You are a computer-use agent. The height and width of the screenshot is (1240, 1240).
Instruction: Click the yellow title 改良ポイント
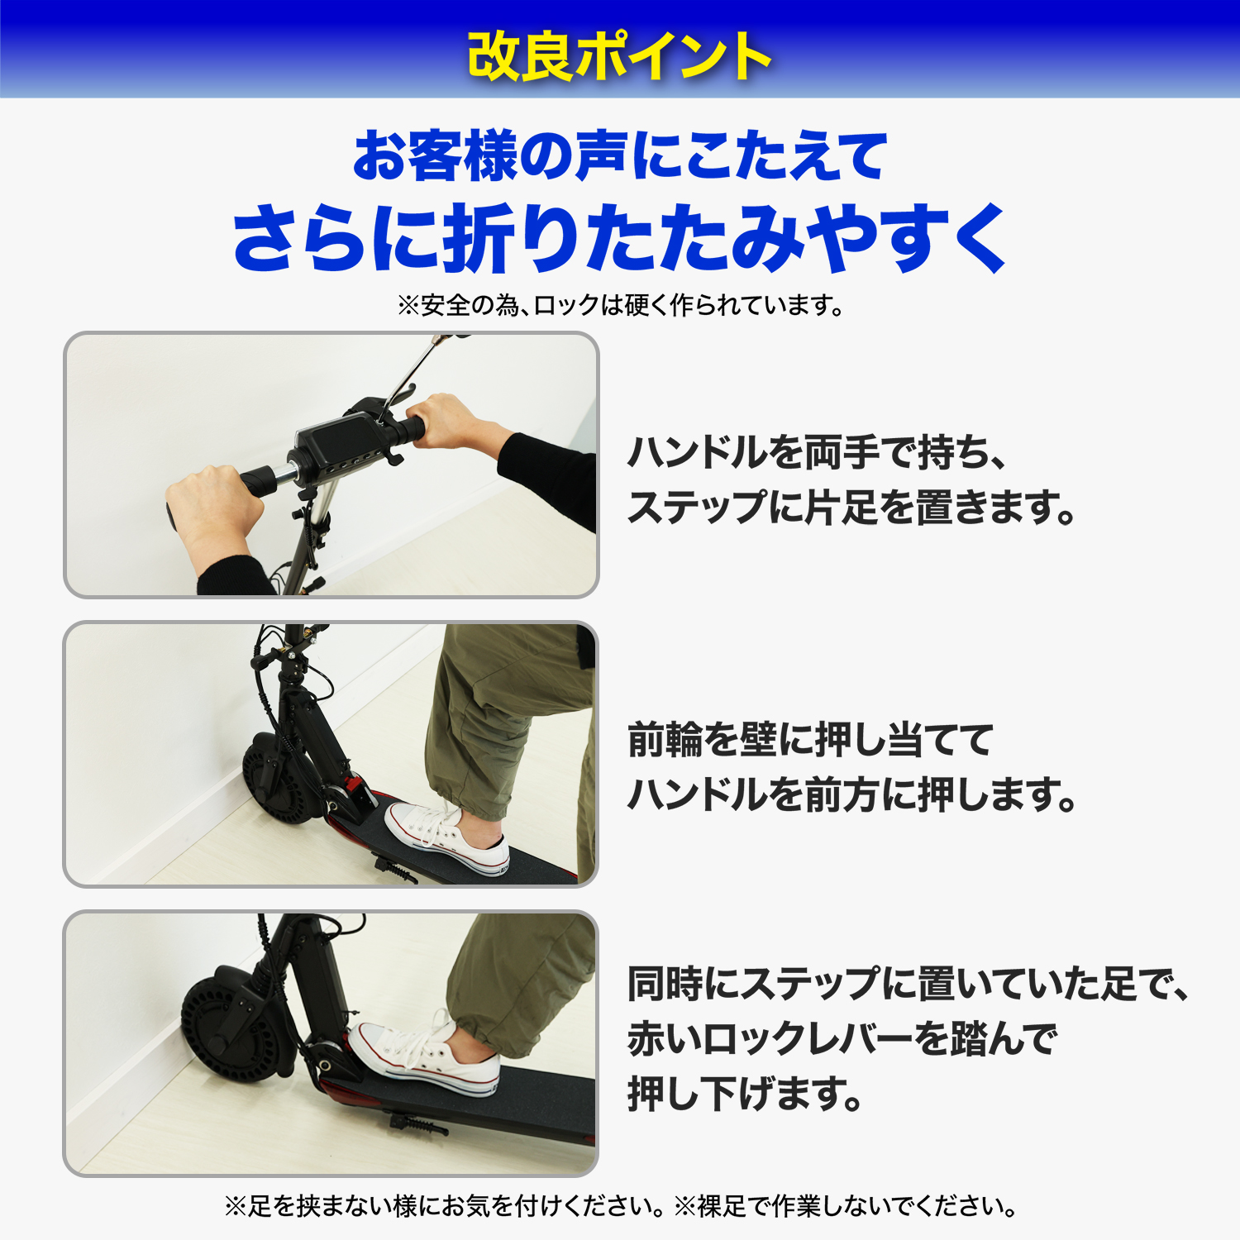(619, 56)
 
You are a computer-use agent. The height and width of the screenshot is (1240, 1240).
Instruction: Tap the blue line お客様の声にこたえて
(620, 155)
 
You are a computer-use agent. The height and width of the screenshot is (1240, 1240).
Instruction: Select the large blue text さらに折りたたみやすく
(620, 238)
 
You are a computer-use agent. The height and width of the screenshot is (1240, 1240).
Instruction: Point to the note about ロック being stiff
(620, 306)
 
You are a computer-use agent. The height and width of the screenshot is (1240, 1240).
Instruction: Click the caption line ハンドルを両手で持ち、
(816, 452)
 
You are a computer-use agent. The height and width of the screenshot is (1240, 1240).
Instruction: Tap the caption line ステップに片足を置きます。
(851, 507)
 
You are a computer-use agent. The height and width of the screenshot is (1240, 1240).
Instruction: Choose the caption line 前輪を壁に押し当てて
(810, 739)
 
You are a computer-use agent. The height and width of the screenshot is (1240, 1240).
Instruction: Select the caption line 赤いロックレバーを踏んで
(842, 1038)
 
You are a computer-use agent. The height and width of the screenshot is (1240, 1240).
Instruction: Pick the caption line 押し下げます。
(745, 1093)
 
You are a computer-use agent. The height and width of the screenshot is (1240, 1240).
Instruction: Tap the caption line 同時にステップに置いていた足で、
(908, 984)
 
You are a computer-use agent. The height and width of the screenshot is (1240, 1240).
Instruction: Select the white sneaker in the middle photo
(446, 835)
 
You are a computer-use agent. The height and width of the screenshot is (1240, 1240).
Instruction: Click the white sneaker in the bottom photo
(425, 1057)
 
